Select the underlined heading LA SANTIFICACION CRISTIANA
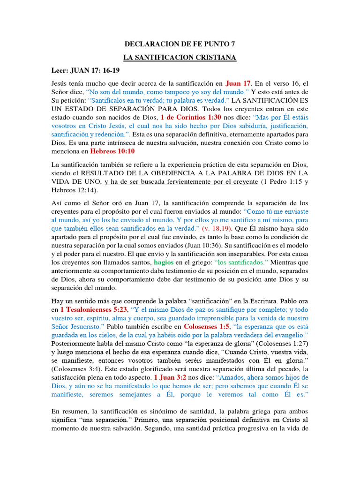(180, 58)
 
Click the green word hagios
(164, 262)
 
